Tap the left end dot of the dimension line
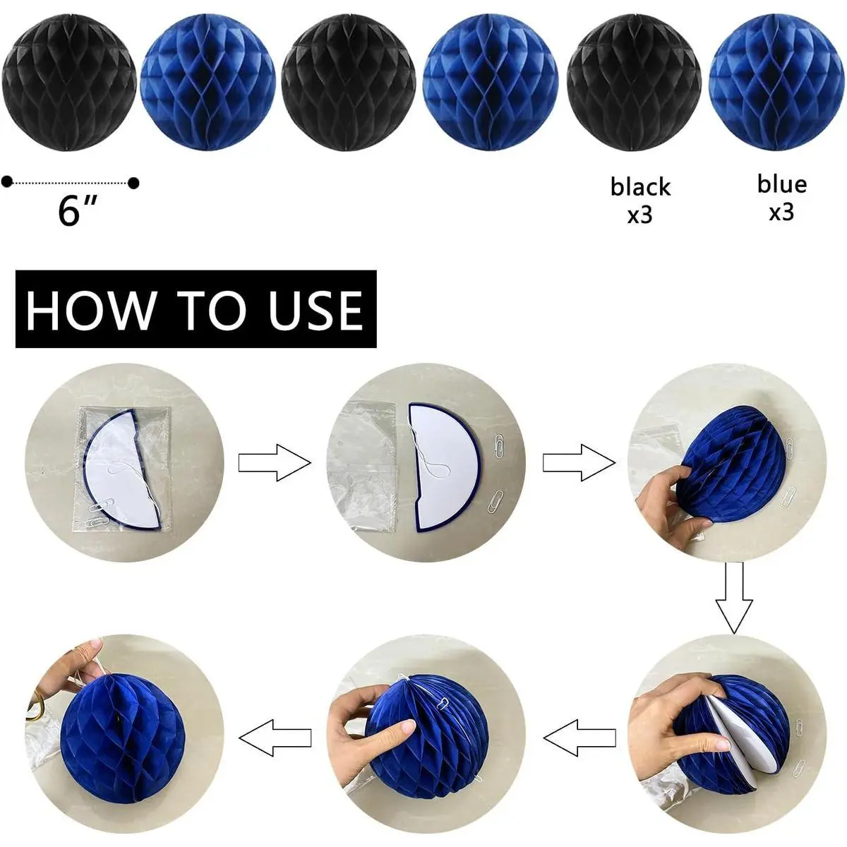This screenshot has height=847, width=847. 7,181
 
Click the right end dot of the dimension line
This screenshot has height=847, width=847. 133,182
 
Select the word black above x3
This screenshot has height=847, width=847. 640,186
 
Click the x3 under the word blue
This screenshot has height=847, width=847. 781,212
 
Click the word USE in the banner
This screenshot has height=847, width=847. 316,310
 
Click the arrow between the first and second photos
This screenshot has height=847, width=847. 275,462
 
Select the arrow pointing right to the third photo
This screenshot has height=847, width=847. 579,462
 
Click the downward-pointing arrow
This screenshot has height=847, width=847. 734,599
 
